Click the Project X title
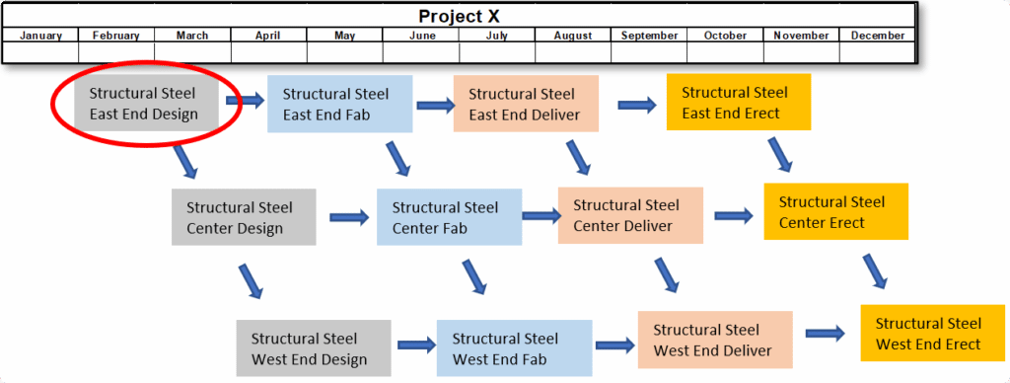tap(459, 16)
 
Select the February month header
tap(116, 36)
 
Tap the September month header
tap(649, 36)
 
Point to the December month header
tap(877, 36)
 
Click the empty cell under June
tap(421, 52)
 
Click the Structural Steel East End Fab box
tap(339, 104)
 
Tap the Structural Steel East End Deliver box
tap(526, 104)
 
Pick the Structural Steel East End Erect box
tap(738, 102)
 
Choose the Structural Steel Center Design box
tap(244, 216)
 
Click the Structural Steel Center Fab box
tap(449, 216)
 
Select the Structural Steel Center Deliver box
tap(630, 215)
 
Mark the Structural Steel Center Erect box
tap(836, 211)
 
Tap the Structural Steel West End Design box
tap(314, 347)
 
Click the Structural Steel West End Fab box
tap(514, 347)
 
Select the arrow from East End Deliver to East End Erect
tap(636, 105)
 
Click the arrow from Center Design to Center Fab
tap(349, 217)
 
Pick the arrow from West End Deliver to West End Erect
tap(825, 333)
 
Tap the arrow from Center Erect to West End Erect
tap(876, 271)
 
